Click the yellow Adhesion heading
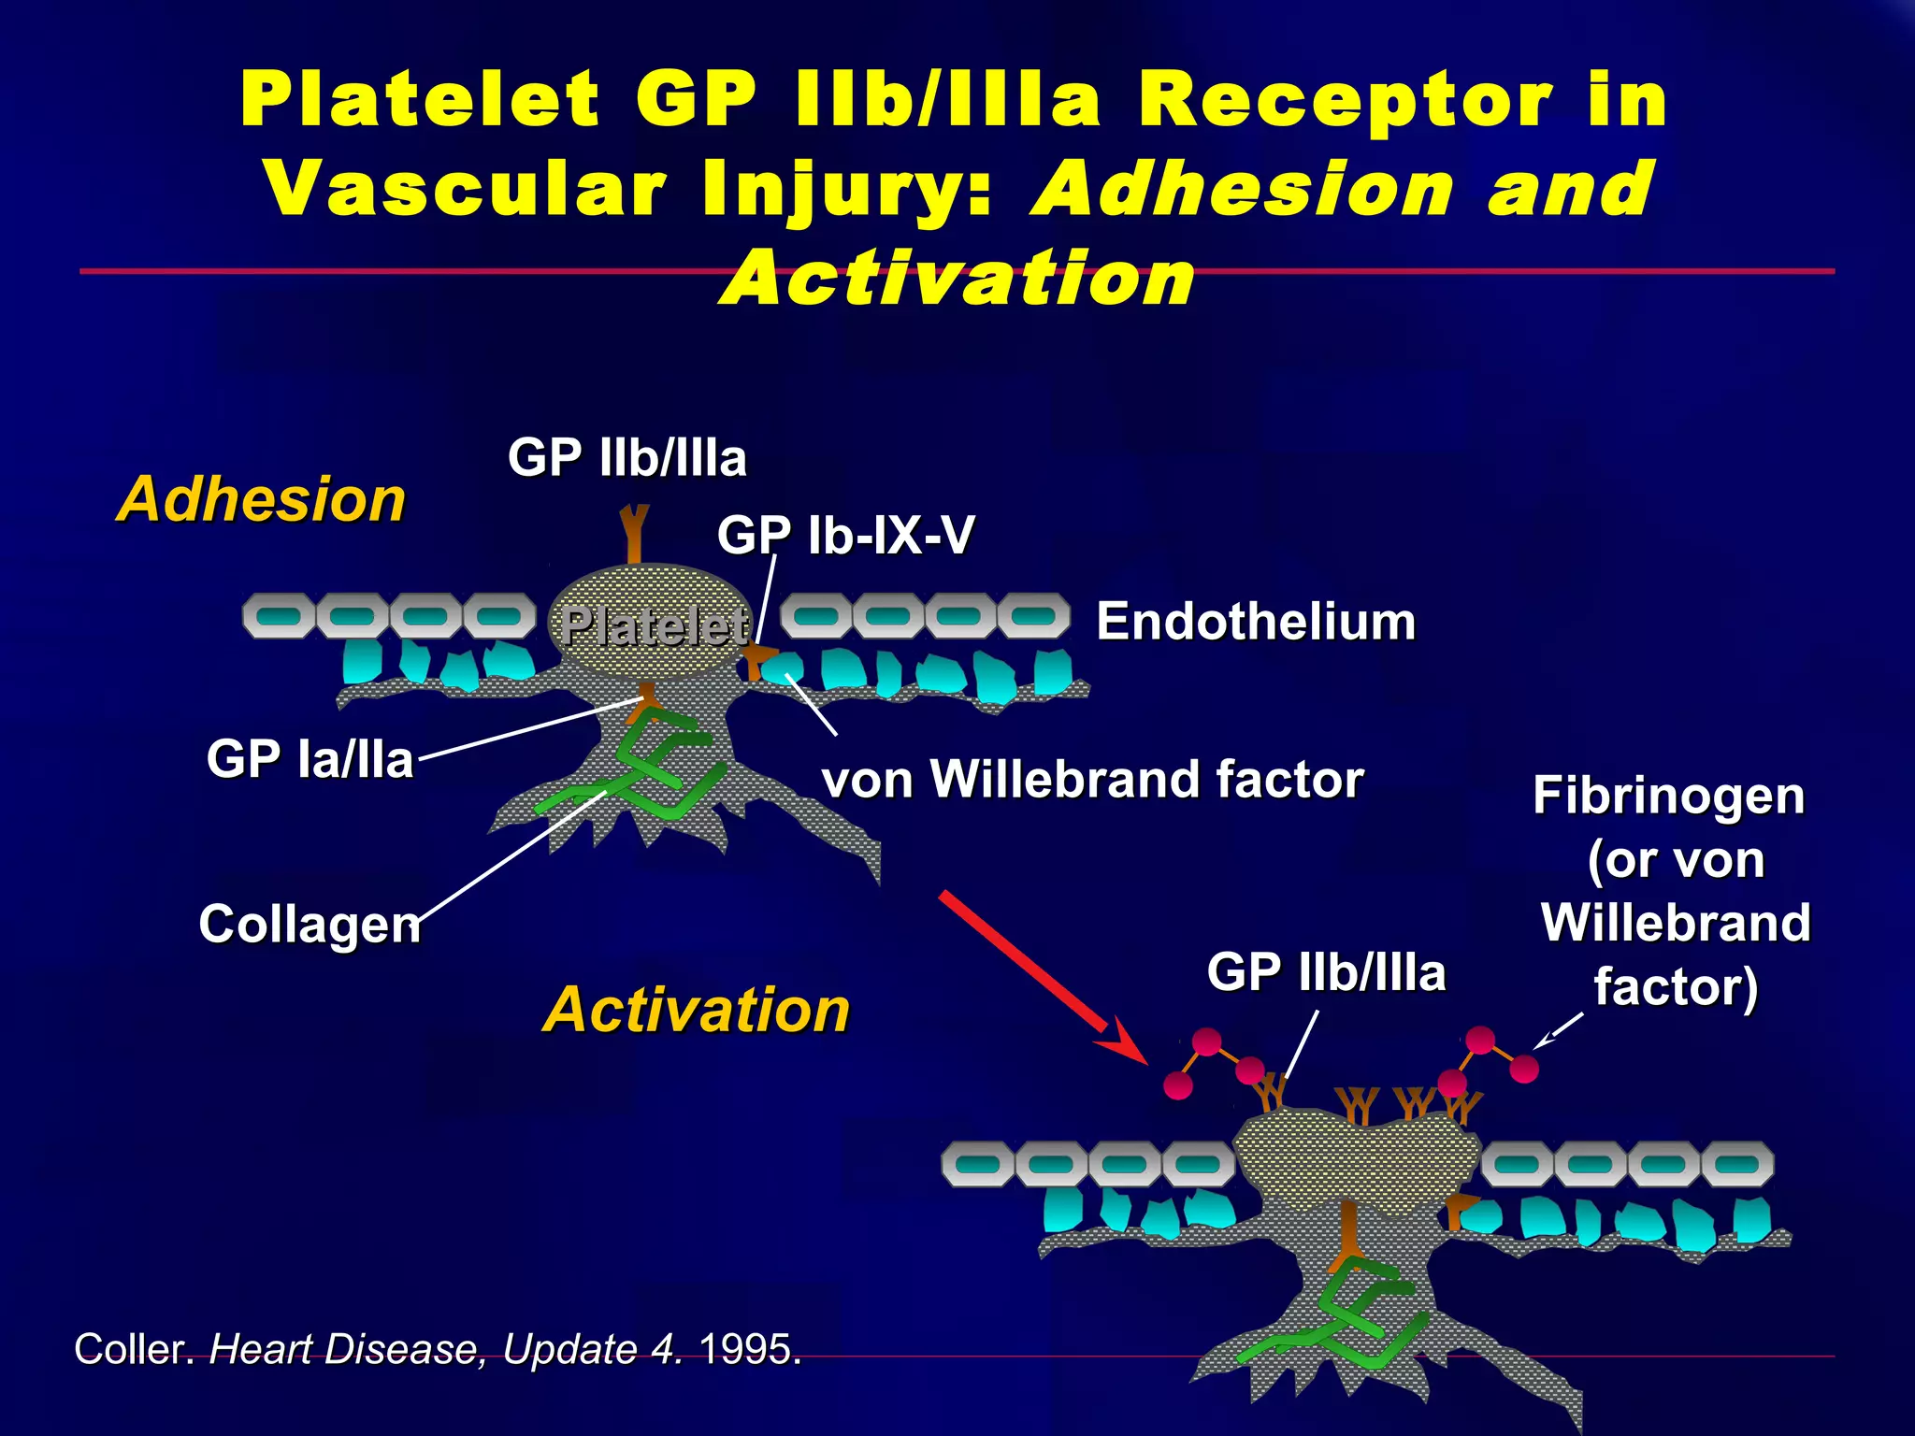pyautogui.click(x=261, y=499)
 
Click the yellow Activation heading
pyautogui.click(x=696, y=1011)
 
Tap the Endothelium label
pyautogui.click(x=1255, y=623)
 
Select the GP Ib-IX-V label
pyautogui.click(x=845, y=536)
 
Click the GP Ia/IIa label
pyautogui.click(x=310, y=758)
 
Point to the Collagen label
pyautogui.click(x=310, y=924)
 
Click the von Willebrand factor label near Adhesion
pyautogui.click(x=1092, y=780)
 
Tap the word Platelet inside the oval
pyautogui.click(x=654, y=625)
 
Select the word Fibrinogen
pyautogui.click(x=1668, y=797)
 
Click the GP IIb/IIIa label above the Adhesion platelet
pyautogui.click(x=626, y=458)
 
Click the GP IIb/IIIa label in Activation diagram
pyautogui.click(x=1326, y=972)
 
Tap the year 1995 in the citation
pyautogui.click(x=749, y=1349)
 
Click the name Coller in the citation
pyautogui.click(x=134, y=1349)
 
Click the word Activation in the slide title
pyautogui.click(x=957, y=279)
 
